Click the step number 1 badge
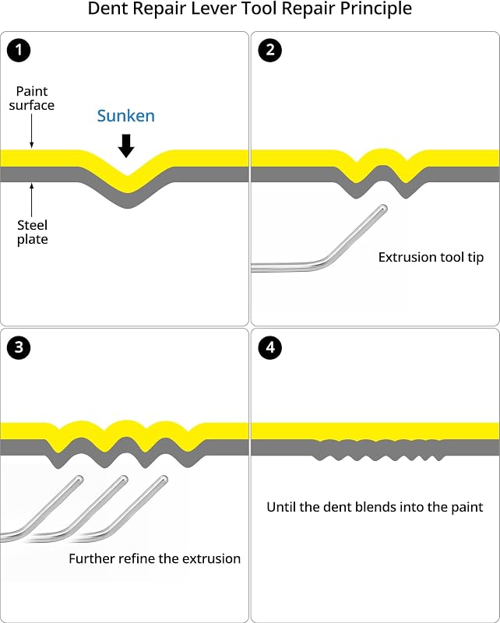point(19,50)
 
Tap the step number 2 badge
point(270,50)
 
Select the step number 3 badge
point(19,347)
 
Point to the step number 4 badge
point(270,347)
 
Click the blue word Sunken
point(126,115)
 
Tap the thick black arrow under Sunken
point(126,146)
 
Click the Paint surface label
point(32,98)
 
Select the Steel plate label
point(32,232)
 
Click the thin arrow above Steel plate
point(32,199)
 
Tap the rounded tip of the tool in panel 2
point(382,208)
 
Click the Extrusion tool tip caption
point(431,257)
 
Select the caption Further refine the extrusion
point(155,558)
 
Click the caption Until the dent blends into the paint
point(375,507)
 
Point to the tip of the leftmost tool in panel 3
point(79,479)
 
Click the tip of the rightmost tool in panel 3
point(164,479)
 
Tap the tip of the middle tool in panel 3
point(124,479)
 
